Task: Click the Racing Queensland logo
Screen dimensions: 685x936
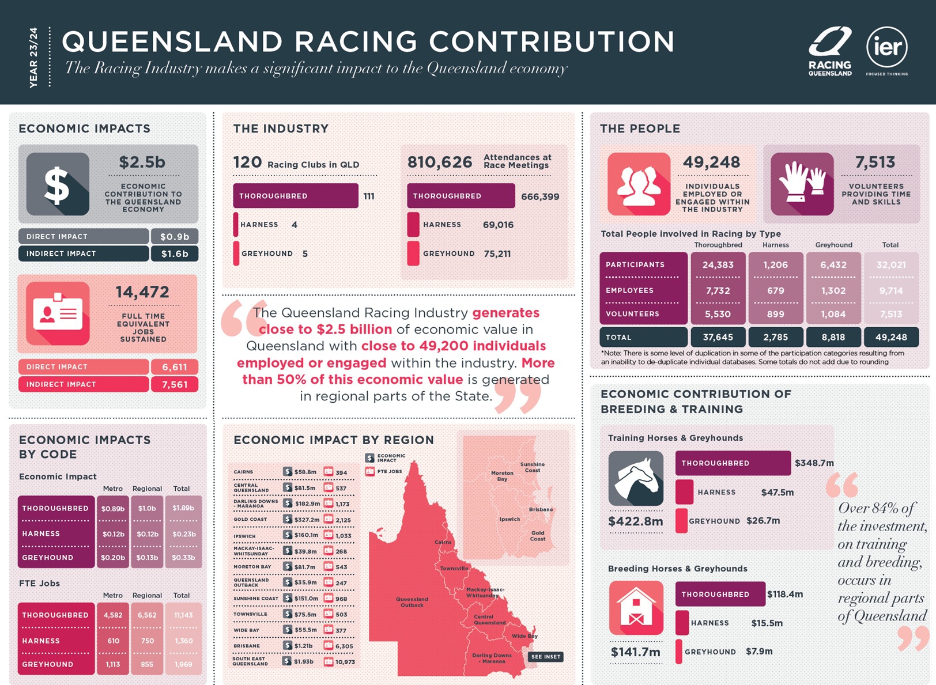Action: [x=830, y=51]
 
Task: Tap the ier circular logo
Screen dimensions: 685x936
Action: [x=887, y=47]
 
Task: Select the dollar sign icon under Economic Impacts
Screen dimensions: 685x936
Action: [x=58, y=184]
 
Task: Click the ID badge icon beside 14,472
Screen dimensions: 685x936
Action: [x=58, y=313]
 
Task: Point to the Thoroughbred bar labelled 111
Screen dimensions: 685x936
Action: [x=295, y=196]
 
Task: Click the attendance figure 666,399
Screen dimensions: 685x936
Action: [x=540, y=196]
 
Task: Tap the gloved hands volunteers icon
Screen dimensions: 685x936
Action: [x=802, y=184]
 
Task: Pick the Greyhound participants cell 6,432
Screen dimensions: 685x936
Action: [x=833, y=265]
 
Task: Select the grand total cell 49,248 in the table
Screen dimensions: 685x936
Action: [x=891, y=337]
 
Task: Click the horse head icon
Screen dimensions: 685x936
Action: [x=636, y=478]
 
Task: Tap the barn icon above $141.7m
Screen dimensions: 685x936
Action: [x=636, y=608]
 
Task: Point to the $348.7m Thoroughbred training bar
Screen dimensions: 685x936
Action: [x=733, y=463]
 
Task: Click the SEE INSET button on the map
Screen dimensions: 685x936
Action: [x=545, y=657]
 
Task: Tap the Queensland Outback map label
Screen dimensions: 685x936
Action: [x=412, y=602]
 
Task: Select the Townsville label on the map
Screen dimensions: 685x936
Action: [x=454, y=568]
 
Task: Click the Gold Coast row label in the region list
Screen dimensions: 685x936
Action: [x=250, y=520]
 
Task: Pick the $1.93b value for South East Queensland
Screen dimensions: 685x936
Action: [x=304, y=661]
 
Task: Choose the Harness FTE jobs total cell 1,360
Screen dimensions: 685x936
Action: [x=184, y=641]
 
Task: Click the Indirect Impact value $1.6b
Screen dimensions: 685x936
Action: [x=175, y=253]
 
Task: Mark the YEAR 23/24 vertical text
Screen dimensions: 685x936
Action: [x=33, y=57]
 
